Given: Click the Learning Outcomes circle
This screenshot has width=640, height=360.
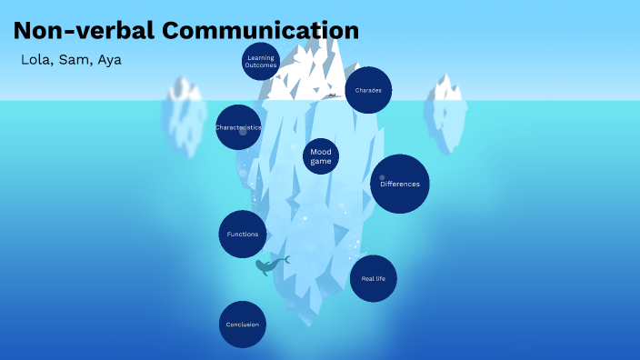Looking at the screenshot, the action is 260,62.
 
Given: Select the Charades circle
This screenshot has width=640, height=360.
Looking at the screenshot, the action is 368,90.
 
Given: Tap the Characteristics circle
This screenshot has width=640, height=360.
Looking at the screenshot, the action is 238,128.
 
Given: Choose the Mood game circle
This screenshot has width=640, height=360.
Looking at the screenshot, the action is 320,155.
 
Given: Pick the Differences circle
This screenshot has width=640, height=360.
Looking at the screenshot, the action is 399,184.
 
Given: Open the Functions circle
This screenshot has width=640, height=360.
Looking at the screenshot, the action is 243,234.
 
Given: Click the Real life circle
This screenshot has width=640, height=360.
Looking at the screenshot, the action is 374,278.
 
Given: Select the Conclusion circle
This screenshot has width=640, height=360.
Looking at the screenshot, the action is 243,325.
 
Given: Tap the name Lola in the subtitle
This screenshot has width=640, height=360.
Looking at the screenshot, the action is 35,60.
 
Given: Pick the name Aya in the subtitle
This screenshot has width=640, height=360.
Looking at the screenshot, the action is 109,60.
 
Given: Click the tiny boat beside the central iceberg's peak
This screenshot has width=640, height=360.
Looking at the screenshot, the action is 334,95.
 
